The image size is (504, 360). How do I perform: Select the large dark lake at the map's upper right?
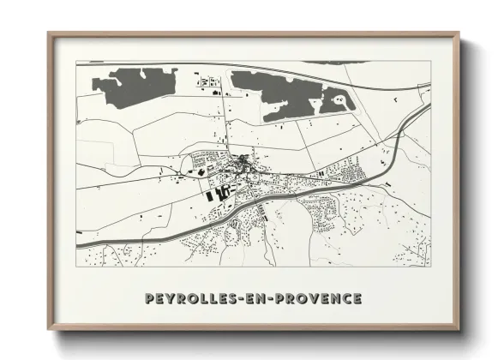283,93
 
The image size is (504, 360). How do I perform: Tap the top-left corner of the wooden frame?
49,34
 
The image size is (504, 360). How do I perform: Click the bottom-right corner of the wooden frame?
459,330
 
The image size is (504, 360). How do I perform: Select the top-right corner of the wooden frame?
459,34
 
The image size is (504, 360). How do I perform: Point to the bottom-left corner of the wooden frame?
49,330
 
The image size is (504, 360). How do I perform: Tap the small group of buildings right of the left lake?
210,83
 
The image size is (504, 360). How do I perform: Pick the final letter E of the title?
357,298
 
